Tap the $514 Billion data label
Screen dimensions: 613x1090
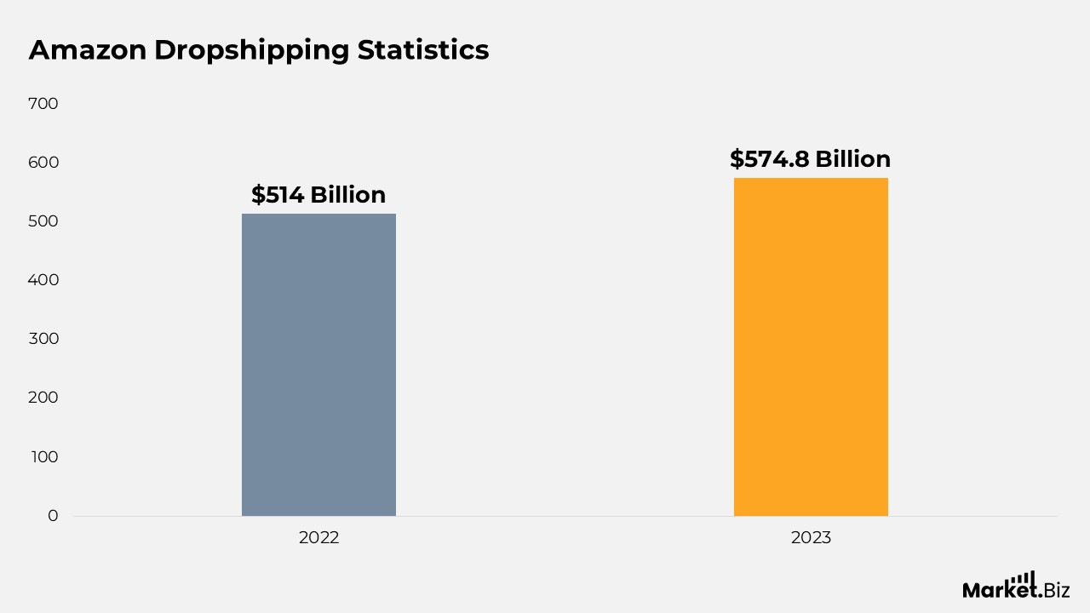[318, 195]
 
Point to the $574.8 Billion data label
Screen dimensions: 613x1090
[810, 159]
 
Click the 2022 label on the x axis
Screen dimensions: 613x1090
[318, 538]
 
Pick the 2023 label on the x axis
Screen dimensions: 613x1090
[811, 538]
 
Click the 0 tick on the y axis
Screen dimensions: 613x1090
[53, 516]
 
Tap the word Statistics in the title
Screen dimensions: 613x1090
[423, 50]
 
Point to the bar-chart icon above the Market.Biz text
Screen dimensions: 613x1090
[1023, 578]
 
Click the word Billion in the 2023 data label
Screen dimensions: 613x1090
[852, 159]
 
